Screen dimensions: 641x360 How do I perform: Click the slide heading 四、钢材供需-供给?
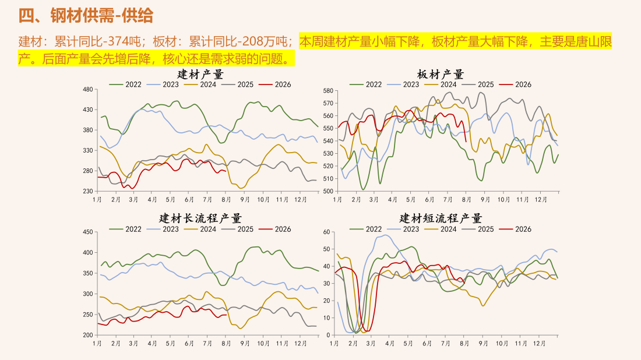[x=86, y=16]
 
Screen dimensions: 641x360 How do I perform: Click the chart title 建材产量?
[x=200, y=75]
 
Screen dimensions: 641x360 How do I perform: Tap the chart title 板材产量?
[x=441, y=75]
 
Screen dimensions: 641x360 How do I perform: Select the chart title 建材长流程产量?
[x=200, y=218]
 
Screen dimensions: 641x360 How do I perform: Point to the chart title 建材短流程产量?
[x=441, y=218]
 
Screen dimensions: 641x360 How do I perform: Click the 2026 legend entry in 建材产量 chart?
[x=276, y=84]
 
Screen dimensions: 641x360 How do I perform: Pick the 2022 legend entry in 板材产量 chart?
[x=366, y=84]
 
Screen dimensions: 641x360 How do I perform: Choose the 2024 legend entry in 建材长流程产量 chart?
[x=200, y=230]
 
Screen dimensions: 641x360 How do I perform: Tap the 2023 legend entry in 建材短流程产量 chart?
[x=403, y=230]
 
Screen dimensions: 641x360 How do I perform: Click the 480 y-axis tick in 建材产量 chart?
[x=88, y=90]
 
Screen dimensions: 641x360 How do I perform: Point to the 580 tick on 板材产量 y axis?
[x=328, y=91]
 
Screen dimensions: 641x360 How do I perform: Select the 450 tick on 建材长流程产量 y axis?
[x=88, y=232]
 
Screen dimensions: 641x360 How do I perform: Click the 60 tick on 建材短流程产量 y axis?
[x=327, y=232]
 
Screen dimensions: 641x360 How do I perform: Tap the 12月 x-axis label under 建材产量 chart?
[x=301, y=200]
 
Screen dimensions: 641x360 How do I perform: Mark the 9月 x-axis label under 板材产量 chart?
[x=485, y=200]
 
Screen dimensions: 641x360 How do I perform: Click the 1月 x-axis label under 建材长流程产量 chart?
[x=97, y=344]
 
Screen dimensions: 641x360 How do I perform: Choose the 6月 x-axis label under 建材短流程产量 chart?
[x=427, y=344]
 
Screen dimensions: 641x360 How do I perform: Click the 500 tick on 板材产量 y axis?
[x=328, y=191]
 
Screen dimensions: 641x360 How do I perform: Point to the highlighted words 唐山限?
[x=594, y=41]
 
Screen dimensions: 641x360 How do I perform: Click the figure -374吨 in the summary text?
[x=122, y=41]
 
